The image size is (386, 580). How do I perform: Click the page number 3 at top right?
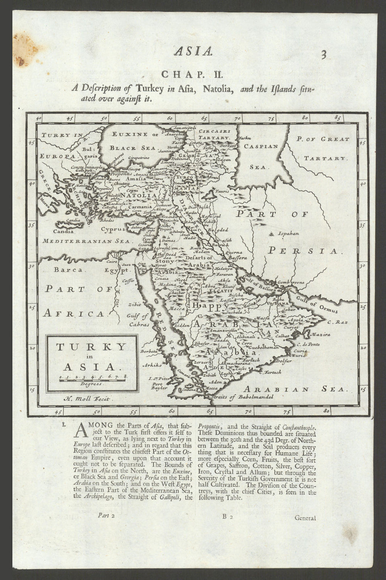point(323,55)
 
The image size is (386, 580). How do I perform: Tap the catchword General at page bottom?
point(305,518)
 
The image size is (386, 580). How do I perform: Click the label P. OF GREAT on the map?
point(323,139)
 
